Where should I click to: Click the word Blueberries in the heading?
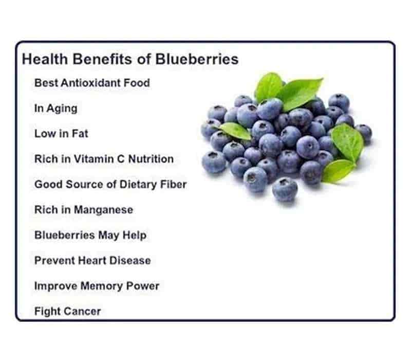coord(197,59)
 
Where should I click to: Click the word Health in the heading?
coord(45,59)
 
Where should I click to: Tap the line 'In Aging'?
coord(56,109)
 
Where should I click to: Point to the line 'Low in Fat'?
coord(61,134)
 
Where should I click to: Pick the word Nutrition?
coord(151,159)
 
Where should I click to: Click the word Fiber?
coord(173,184)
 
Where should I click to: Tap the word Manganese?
coord(104,210)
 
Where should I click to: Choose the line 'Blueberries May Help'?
coord(90,235)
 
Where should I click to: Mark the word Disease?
coord(130,260)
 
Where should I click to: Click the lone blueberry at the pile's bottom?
coord(285,189)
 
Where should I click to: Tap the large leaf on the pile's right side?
coord(348,142)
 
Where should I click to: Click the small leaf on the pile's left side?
coord(235,131)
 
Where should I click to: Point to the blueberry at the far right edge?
coord(364,133)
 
